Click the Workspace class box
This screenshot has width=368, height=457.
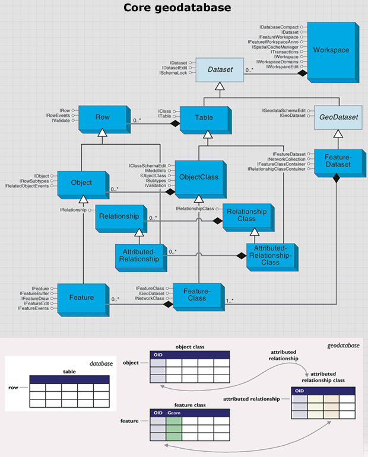333,53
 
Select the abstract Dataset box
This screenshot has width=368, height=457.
220,70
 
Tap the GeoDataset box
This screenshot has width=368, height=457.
338,117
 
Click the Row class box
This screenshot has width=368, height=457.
104,120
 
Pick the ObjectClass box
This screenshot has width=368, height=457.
201,179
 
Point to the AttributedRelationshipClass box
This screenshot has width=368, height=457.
272,257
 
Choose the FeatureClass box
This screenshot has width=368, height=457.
199,297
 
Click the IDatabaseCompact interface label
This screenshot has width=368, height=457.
279,27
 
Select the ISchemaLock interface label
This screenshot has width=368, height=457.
173,73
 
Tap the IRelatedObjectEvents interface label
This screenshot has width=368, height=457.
27,186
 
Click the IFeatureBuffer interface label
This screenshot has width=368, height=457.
34,293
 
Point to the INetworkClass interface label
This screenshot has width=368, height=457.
150,299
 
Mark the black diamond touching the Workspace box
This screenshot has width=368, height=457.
302,73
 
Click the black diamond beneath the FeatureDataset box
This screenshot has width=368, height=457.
337,178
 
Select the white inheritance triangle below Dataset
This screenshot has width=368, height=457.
220,87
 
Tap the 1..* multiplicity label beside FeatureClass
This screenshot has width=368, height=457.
230,301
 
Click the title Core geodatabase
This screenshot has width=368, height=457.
177,8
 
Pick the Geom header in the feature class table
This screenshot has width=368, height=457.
174,413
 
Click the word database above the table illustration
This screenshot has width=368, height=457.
101,363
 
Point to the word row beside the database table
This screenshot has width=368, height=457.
13,388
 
